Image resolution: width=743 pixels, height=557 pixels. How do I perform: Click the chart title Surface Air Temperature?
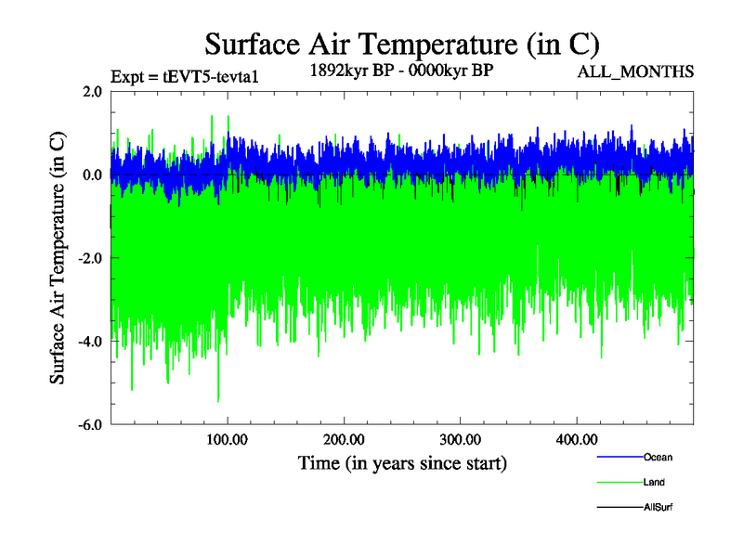(401, 44)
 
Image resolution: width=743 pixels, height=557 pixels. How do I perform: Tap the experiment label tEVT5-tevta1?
(183, 77)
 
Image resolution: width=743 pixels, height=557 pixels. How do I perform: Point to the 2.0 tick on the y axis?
(92, 92)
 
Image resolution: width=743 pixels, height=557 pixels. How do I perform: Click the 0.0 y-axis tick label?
(92, 175)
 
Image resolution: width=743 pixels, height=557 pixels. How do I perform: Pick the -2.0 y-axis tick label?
(90, 258)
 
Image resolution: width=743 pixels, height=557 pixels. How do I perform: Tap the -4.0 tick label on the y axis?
(90, 342)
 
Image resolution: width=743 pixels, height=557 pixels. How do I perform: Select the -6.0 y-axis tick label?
(90, 425)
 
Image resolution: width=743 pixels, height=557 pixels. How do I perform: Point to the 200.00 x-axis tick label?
(344, 439)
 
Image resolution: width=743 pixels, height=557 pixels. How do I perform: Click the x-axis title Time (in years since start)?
(402, 462)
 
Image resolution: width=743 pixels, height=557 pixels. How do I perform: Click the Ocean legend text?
(658, 457)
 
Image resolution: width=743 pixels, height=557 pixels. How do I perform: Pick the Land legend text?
(654, 482)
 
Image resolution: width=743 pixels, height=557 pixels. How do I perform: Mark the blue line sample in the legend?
(619, 458)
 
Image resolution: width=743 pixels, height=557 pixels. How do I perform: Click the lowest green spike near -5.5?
(218, 399)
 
